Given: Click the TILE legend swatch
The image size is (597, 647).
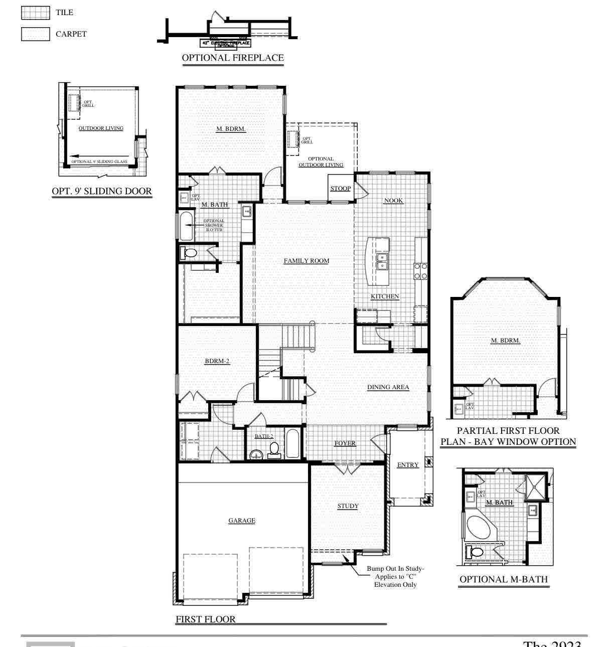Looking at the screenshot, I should (x=35, y=13).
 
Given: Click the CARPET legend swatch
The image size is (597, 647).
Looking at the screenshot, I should (x=35, y=34).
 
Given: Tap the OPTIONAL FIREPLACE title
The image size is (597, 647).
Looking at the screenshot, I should (x=232, y=58).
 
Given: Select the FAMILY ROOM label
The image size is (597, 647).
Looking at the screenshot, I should (x=306, y=261).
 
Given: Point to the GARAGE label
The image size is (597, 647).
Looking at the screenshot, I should (x=242, y=521).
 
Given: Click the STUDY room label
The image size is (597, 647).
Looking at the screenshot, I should (x=348, y=506).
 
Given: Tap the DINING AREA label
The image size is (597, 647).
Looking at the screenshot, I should (x=388, y=387).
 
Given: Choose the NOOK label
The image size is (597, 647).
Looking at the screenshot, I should (x=393, y=201).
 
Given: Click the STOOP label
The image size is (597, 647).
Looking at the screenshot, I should (x=340, y=189).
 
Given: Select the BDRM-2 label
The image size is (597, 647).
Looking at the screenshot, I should (x=217, y=361).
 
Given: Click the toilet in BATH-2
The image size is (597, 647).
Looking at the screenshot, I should (x=274, y=449).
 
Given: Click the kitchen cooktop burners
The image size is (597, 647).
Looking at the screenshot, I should (x=420, y=271).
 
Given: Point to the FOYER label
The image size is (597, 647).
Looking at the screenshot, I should (x=345, y=443).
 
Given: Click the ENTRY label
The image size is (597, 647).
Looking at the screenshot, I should (x=407, y=465).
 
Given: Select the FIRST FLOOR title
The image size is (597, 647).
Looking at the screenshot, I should (x=205, y=619).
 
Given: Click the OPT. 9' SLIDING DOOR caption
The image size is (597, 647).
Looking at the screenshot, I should (x=102, y=192).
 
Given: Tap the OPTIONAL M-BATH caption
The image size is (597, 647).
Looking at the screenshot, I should (x=504, y=579).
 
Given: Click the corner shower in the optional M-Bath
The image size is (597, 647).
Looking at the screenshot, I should (x=536, y=486).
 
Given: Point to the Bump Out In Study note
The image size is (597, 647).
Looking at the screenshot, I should (x=395, y=576).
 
